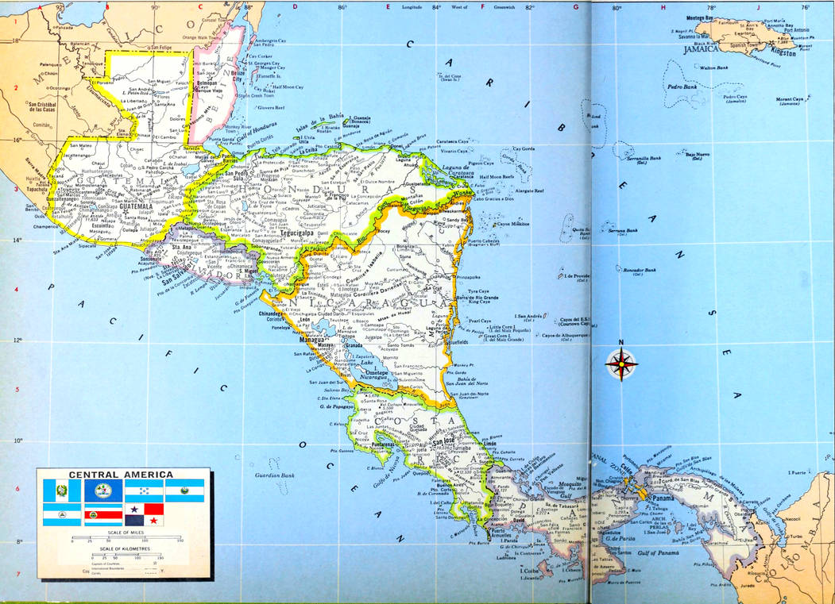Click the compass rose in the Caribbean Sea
click(621, 364)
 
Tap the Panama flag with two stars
click(144, 514)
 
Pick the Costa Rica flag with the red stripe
click(103, 514)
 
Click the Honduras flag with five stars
click(144, 490)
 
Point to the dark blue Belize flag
click(103, 490)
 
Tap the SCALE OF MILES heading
click(123, 533)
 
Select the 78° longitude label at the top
click(712, 8)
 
